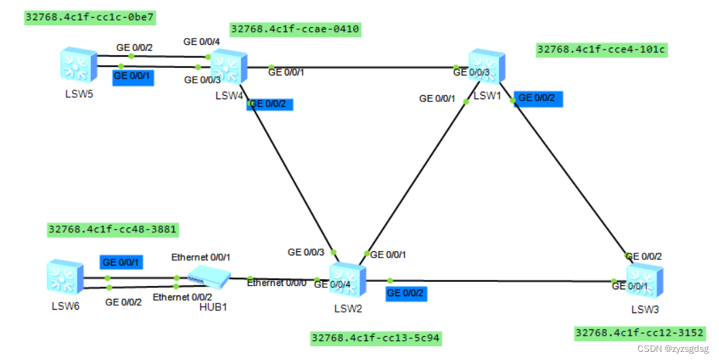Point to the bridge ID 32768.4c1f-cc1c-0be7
pos(89,17)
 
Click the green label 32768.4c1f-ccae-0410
pos(295,29)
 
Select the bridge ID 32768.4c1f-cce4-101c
pos(601,49)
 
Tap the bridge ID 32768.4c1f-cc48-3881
pos(113,230)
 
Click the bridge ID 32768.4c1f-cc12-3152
pos(639,333)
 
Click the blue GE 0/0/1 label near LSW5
pos(132,76)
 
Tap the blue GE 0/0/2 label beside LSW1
pos(538,98)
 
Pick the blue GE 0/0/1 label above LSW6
pos(122,262)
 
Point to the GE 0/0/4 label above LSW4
pos(202,42)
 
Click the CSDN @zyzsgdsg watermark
pos(675,348)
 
